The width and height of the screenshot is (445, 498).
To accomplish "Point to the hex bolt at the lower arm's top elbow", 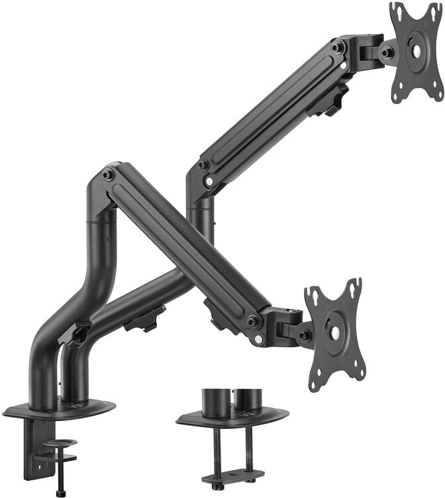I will coord(107,174).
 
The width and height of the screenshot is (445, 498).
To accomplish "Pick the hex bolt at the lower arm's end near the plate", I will coord(252,322).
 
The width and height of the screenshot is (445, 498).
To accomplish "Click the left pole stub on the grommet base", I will coord(215,400).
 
